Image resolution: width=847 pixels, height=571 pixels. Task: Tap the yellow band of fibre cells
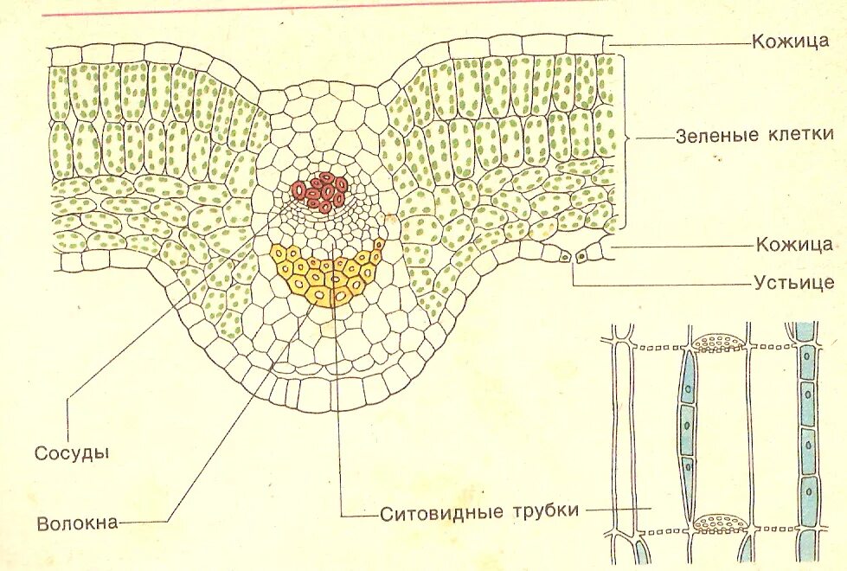pos(326,275)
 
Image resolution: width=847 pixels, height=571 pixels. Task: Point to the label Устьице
pos(793,282)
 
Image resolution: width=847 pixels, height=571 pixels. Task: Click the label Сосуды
pos(72,452)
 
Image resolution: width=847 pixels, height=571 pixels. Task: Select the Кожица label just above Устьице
pos(794,245)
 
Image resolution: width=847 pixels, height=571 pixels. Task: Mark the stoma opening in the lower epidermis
pos(572,256)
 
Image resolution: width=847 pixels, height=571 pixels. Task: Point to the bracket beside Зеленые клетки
pos(626,138)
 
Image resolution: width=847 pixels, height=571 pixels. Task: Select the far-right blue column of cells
pos(808,433)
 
